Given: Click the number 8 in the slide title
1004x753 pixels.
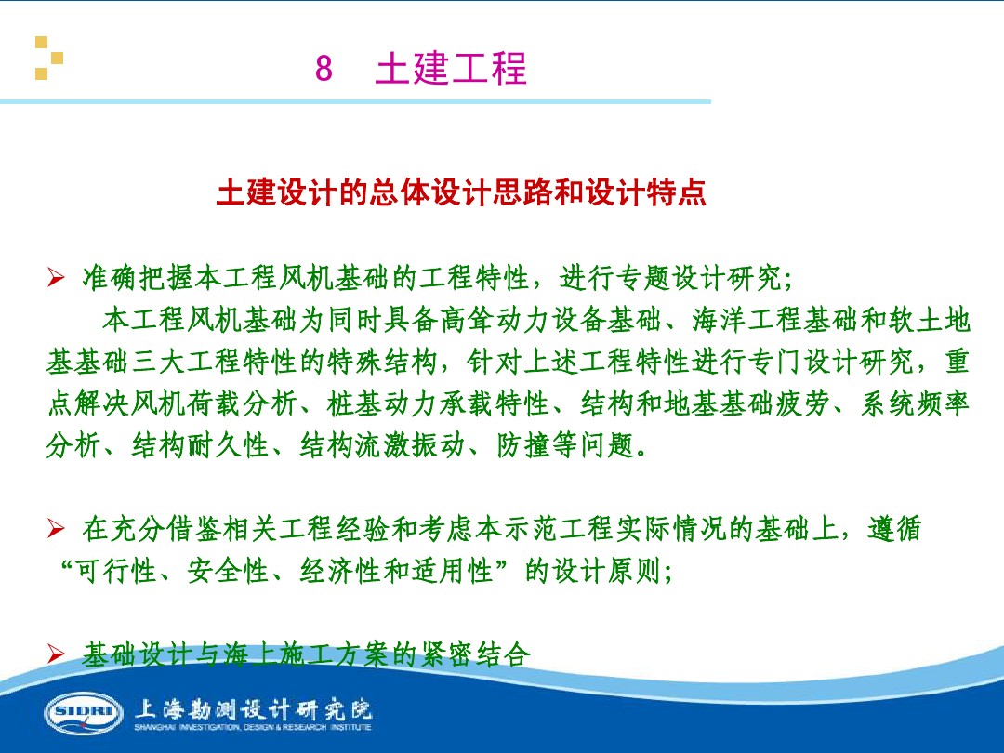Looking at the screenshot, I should click(324, 70).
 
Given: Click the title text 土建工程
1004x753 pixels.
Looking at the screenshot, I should click(451, 70).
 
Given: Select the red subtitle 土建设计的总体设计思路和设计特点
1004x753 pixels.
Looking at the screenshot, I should click(461, 193).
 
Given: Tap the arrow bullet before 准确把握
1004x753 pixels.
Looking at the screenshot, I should click(56, 277).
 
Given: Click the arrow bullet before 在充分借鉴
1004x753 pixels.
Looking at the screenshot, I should click(56, 531).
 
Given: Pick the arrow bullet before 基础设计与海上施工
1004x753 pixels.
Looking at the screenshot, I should click(56, 656).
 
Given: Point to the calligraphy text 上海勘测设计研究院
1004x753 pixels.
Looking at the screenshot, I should click(253, 709).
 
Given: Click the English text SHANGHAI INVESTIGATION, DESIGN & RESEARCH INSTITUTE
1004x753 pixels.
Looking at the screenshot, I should click(253, 728).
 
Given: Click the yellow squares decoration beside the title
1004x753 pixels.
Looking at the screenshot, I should click(48, 58).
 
